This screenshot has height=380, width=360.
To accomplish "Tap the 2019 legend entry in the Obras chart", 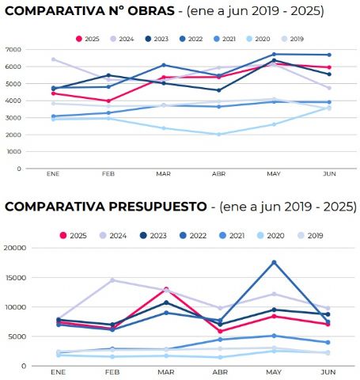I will click(x=292, y=39).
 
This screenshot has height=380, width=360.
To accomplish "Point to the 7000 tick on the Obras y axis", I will click(x=13, y=49).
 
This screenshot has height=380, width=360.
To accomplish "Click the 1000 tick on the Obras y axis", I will click(x=13, y=152).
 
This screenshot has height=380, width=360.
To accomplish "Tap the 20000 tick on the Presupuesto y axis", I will click(x=16, y=248).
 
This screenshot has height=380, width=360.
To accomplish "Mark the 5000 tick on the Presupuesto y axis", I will click(x=17, y=336).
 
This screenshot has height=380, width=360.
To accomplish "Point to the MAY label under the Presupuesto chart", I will click(x=273, y=371).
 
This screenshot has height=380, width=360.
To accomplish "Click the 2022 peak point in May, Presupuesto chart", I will click(x=274, y=262).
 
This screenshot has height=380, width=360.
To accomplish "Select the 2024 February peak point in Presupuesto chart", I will click(x=112, y=280).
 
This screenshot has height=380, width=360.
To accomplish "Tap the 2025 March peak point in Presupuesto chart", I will click(x=165, y=289).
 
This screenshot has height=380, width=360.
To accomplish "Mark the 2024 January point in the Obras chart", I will click(x=53, y=59).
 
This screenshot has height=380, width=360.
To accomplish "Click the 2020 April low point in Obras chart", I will click(x=219, y=135).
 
